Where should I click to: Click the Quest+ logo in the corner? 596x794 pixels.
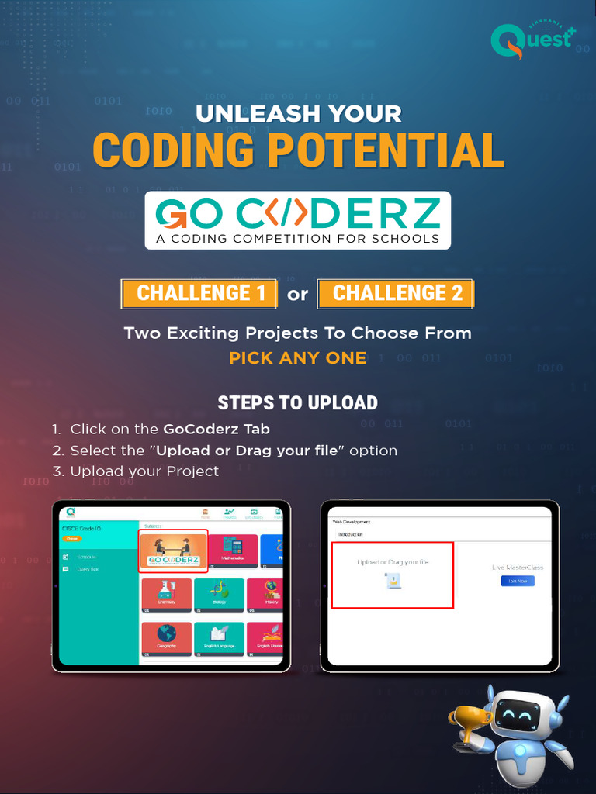click(x=532, y=40)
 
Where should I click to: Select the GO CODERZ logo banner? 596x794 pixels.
click(x=297, y=220)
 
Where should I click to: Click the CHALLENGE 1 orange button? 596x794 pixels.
click(x=199, y=293)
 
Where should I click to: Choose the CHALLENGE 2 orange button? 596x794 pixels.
click(x=396, y=293)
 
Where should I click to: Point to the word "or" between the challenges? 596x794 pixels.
click(x=298, y=294)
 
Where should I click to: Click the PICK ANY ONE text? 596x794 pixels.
click(x=298, y=358)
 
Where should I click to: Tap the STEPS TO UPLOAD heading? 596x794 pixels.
click(x=298, y=403)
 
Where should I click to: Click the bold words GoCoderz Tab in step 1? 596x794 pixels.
click(x=217, y=429)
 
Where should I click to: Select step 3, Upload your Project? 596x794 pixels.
click(x=144, y=471)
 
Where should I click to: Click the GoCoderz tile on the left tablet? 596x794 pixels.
click(x=173, y=551)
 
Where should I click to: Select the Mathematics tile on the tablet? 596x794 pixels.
click(x=232, y=549)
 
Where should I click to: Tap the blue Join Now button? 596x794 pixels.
click(x=518, y=581)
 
